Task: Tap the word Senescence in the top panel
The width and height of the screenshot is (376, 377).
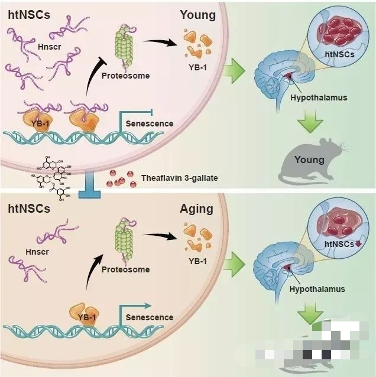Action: pyautogui.click(x=150, y=123)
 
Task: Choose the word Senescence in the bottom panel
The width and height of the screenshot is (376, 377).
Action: pyautogui.click(x=150, y=317)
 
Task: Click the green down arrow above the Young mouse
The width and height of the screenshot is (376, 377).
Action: pyautogui.click(x=309, y=121)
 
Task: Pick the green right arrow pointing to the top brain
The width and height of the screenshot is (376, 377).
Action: pyautogui.click(x=236, y=71)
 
